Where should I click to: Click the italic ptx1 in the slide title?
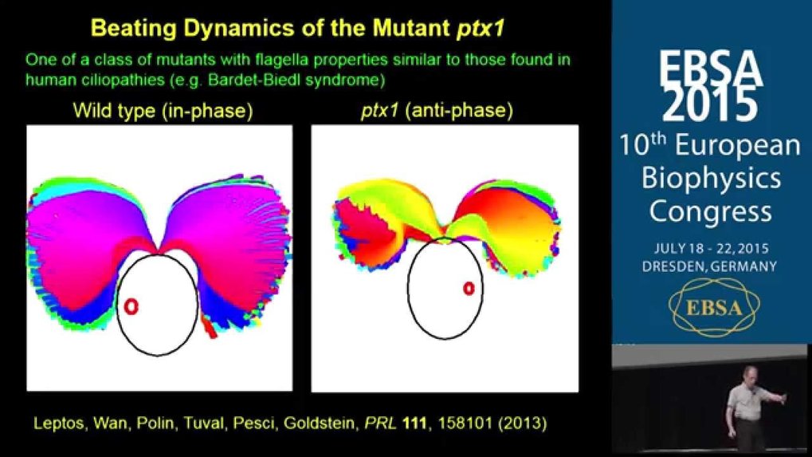click(x=480, y=29)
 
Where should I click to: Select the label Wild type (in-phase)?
click(x=163, y=111)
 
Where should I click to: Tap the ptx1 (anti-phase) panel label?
click(x=437, y=111)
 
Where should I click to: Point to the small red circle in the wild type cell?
click(x=131, y=307)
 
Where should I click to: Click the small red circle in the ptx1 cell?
click(x=469, y=288)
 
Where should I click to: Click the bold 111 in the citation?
click(x=414, y=424)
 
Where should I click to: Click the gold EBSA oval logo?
click(x=714, y=308)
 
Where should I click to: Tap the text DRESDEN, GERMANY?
click(x=709, y=266)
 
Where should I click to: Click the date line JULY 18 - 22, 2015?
click(x=711, y=248)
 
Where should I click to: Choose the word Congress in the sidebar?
click(x=711, y=212)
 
